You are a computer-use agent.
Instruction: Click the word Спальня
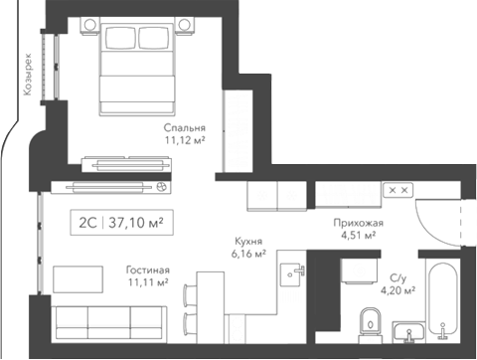point(185,128)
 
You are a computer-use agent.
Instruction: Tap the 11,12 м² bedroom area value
point(185,141)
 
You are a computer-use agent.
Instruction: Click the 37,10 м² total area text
point(135,222)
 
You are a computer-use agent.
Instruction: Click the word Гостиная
point(147,270)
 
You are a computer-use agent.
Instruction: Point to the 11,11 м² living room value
point(147,282)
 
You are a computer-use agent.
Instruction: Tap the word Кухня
point(247,242)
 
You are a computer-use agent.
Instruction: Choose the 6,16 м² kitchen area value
point(247,255)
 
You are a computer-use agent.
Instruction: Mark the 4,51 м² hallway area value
point(358,236)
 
